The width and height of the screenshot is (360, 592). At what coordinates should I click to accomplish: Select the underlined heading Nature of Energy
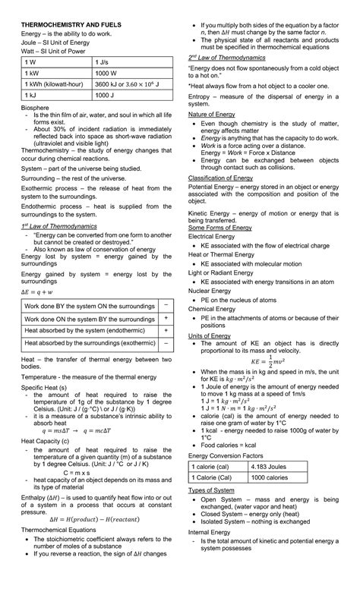(217, 113)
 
